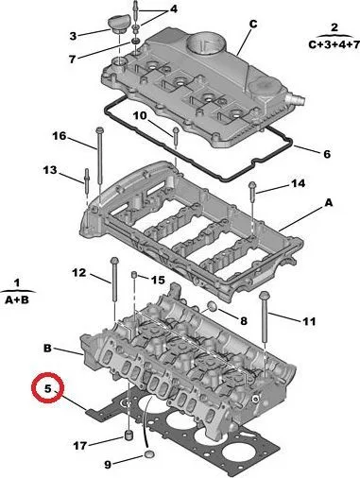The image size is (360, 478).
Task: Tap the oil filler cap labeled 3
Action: click(117, 25)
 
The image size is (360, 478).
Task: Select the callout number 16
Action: click(60, 136)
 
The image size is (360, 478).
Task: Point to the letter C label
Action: click(253, 24)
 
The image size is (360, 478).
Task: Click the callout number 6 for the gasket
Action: click(327, 154)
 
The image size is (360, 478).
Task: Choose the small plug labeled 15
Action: click(133, 276)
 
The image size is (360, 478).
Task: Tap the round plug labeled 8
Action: click(213, 306)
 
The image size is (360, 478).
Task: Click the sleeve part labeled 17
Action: click(128, 435)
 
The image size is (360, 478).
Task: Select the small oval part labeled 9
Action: click(149, 454)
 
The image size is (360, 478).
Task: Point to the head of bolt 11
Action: click(264, 296)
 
